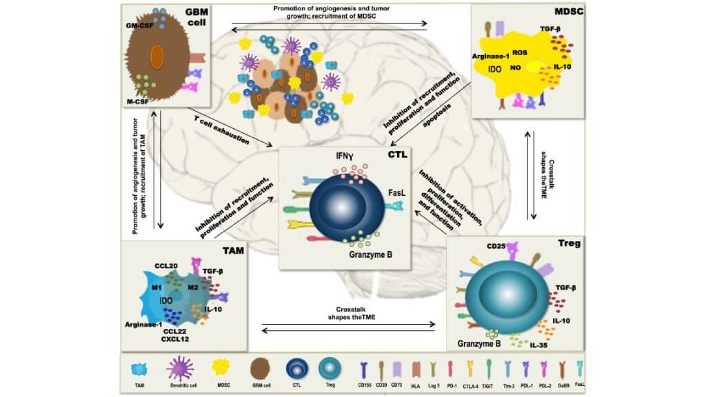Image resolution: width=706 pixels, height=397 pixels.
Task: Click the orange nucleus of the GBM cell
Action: [x=157, y=57]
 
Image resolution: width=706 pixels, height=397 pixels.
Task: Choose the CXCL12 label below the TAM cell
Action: [x=176, y=339]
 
